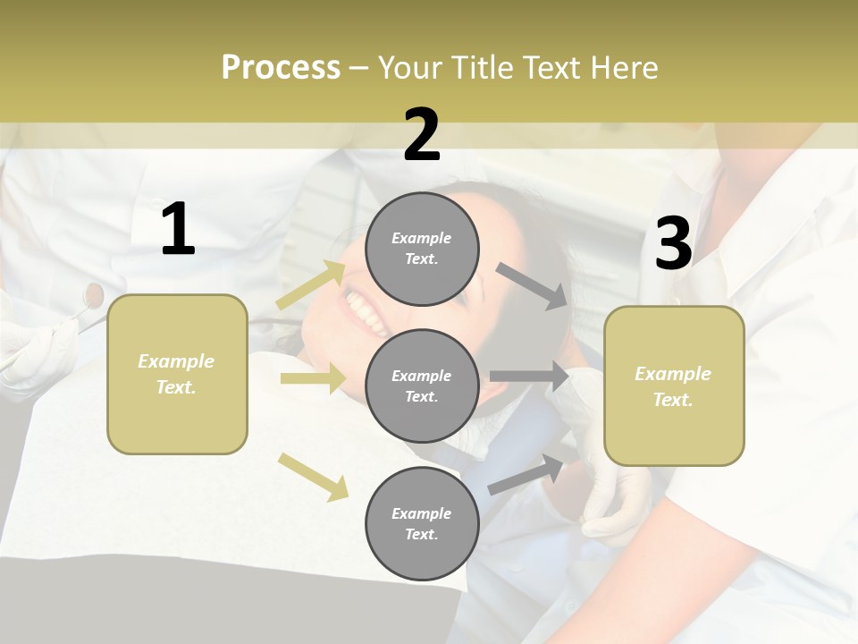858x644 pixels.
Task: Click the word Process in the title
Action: coord(281,68)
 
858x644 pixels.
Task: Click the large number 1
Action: coord(178,230)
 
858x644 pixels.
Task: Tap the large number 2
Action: coord(422,135)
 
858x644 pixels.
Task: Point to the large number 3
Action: coord(673,244)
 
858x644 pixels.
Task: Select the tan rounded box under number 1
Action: coord(177,374)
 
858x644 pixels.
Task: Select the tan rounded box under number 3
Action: coord(674,386)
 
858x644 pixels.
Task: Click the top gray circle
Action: coord(422,249)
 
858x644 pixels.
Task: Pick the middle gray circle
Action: coord(422,386)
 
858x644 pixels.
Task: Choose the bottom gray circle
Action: coord(422,523)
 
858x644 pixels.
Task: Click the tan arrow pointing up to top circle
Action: coord(310,284)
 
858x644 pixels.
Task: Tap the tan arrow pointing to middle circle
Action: coord(313,378)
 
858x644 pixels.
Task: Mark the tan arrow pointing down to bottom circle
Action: coord(313,477)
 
